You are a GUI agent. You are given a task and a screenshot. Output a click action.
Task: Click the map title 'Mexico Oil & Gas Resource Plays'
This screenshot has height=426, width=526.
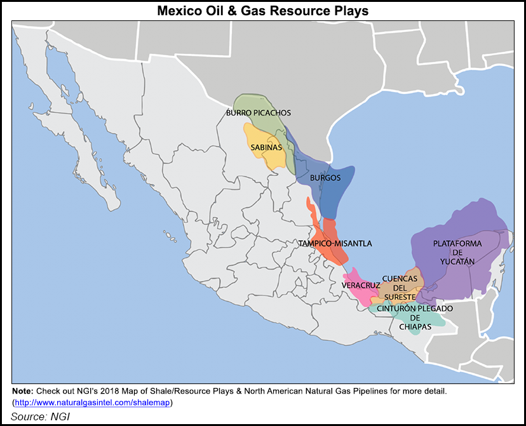click(x=263, y=11)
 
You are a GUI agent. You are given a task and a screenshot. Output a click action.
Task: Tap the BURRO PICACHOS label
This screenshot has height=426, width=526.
click(x=258, y=113)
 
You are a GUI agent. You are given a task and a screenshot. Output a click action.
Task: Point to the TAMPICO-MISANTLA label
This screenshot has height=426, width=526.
click(x=335, y=243)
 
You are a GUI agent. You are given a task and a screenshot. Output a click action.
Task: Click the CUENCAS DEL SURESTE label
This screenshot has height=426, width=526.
click(x=400, y=288)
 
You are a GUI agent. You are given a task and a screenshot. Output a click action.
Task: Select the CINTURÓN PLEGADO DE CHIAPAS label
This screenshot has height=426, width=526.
click(x=415, y=317)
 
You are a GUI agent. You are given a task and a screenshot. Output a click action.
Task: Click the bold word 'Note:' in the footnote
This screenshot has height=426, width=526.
click(x=24, y=390)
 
